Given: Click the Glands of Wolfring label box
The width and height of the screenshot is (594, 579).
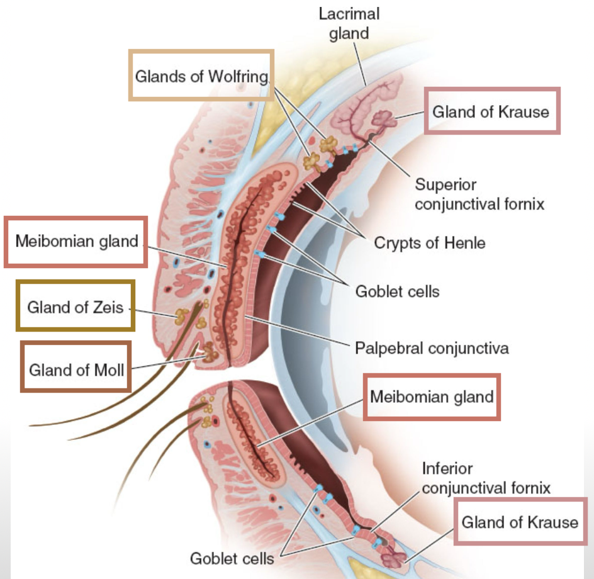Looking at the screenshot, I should (202, 76).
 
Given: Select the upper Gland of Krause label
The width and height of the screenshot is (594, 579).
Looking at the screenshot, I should (491, 112).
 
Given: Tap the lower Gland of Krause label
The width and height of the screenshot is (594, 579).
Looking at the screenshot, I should (520, 522).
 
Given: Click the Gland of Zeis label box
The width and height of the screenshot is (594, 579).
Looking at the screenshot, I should (76, 307).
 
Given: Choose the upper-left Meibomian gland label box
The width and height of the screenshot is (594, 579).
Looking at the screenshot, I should (76, 241).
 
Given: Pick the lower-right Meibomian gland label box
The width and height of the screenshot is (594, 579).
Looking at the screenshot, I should (432, 397).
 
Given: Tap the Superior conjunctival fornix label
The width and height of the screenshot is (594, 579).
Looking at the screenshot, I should (479, 194).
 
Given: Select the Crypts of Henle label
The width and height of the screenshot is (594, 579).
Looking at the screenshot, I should (430, 243).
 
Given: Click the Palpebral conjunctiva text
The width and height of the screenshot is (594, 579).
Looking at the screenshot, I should (431, 347).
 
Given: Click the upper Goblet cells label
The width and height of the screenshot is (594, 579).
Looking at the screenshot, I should (397, 291).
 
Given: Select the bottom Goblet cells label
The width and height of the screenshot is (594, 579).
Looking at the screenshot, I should (232, 558).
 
